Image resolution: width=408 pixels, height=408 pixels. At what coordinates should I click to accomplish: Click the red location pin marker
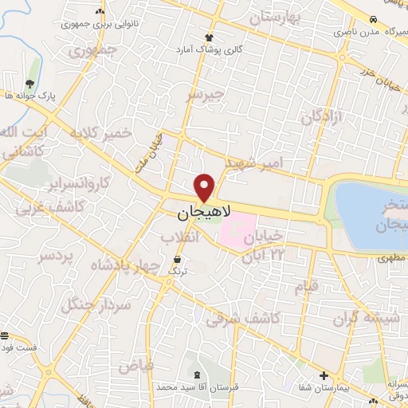[x=205, y=187]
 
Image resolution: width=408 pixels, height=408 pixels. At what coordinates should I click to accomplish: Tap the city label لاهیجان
[x=202, y=213]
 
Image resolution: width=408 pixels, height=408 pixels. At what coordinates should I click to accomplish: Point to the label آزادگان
[x=322, y=117]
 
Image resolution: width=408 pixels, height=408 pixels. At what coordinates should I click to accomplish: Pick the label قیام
[x=307, y=284]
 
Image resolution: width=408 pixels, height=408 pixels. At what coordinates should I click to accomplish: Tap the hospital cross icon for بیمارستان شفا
[x=323, y=375]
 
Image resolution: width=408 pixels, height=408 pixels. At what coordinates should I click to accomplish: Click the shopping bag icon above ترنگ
[x=177, y=261]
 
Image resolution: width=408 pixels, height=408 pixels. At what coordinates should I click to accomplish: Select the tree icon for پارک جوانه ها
[x=29, y=84]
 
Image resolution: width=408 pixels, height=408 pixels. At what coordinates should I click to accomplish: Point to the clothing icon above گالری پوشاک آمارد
[x=210, y=37]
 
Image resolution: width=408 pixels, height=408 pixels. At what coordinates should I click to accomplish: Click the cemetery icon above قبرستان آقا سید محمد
[x=197, y=375]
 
